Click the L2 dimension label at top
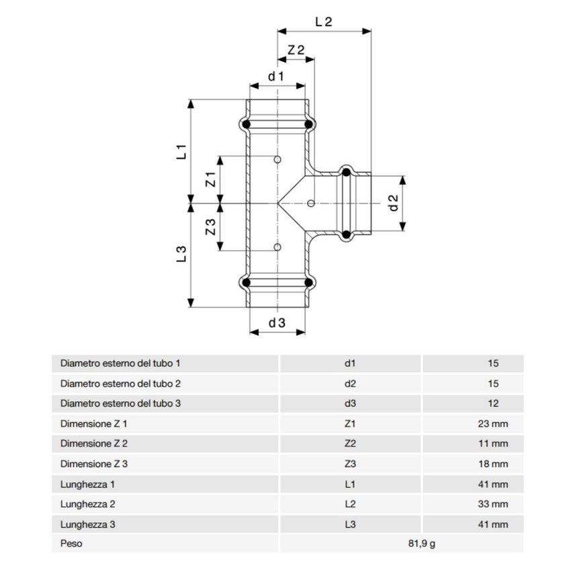(x=324, y=21)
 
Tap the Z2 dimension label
(x=296, y=50)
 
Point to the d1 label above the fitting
(x=276, y=77)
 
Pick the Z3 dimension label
(x=210, y=227)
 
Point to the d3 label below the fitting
(x=277, y=322)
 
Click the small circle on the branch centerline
(x=310, y=203)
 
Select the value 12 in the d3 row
(x=494, y=404)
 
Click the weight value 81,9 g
(x=423, y=543)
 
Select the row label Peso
(x=71, y=543)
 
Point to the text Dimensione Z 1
(x=94, y=424)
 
